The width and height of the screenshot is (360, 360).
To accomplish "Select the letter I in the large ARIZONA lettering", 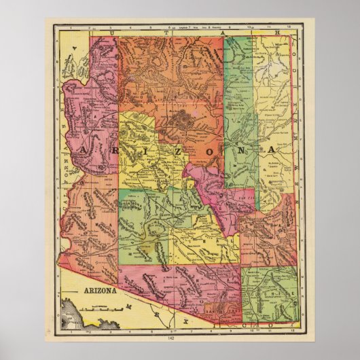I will [147, 149].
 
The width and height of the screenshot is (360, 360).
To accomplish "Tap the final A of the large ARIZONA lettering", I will [271, 149].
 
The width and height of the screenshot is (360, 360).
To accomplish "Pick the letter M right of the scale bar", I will [128, 307].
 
